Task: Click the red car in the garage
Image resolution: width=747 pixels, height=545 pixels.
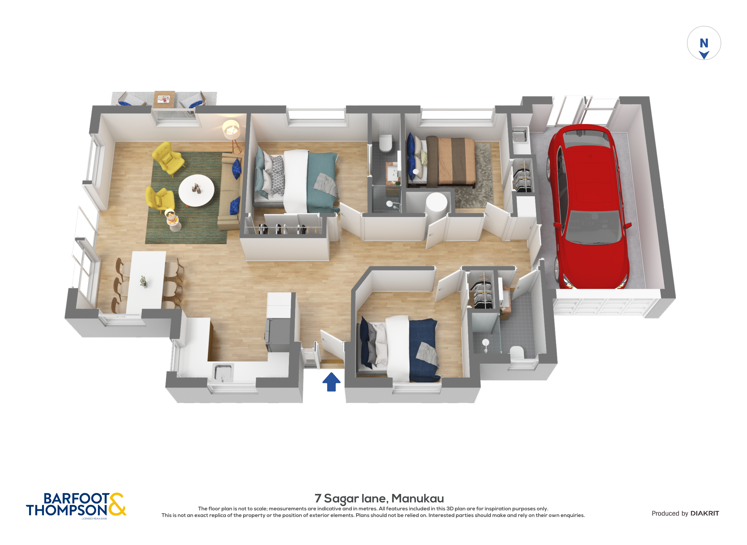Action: coord(589,205)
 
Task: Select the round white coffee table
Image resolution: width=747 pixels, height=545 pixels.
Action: coord(196,190)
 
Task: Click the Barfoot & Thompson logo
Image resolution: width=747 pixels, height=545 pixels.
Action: coord(76,505)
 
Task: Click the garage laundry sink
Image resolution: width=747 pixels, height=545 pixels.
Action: coord(519,135)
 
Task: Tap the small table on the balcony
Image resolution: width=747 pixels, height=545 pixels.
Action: coord(164,99)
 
